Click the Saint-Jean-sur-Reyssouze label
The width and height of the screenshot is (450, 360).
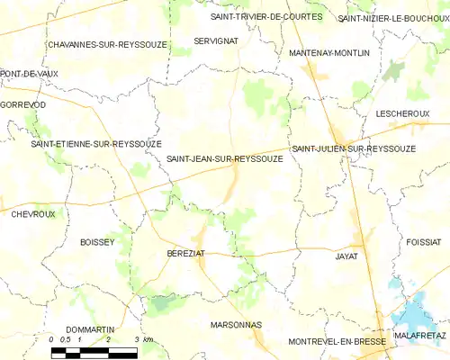(x=225, y=159)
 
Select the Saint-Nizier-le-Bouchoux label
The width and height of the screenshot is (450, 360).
(x=393, y=18)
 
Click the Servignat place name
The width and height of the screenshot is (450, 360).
(x=215, y=41)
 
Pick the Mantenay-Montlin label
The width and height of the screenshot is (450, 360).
(x=329, y=54)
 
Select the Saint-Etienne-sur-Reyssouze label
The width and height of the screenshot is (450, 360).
(x=96, y=144)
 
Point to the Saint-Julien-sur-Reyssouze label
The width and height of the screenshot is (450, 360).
(x=353, y=148)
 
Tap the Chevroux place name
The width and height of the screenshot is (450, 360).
(x=33, y=214)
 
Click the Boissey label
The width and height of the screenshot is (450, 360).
(x=97, y=242)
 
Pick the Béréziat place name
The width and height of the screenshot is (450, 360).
(x=186, y=255)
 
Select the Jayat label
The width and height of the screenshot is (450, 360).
(x=346, y=256)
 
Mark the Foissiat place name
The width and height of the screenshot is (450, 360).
(x=424, y=242)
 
